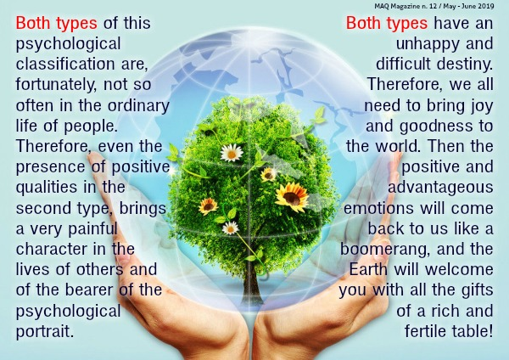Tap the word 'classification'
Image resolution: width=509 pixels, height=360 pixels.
pos(65,64)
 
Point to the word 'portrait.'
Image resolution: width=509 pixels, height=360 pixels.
pos(45,331)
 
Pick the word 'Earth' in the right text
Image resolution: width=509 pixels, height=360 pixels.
pos(368,269)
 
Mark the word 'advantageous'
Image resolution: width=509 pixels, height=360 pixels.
pos(440,188)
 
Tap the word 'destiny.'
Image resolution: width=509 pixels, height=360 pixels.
pos(465,64)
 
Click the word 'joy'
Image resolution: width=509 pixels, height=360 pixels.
pos(482,106)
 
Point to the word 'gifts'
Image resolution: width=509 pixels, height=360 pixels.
pos(477,290)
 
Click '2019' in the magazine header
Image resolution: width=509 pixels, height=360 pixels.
pos(486,6)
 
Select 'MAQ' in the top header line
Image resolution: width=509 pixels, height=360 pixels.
pos(380,6)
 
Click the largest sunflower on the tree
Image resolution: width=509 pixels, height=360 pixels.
pos(292,197)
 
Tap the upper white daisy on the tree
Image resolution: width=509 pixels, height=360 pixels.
pos(232,153)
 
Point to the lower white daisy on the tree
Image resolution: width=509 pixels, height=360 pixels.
pos(231,228)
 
